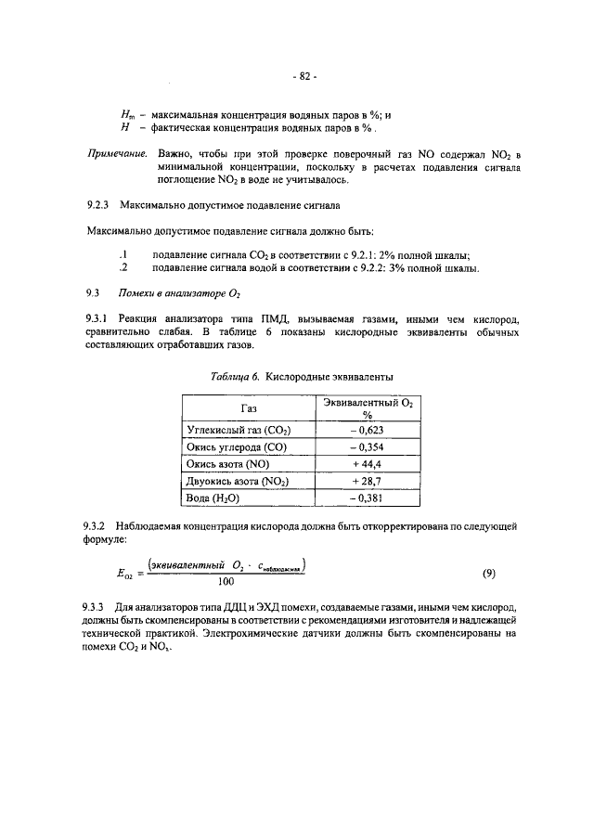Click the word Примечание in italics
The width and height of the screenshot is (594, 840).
click(119, 152)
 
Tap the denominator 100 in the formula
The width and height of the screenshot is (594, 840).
click(225, 583)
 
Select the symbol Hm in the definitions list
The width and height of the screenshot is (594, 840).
click(120, 115)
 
